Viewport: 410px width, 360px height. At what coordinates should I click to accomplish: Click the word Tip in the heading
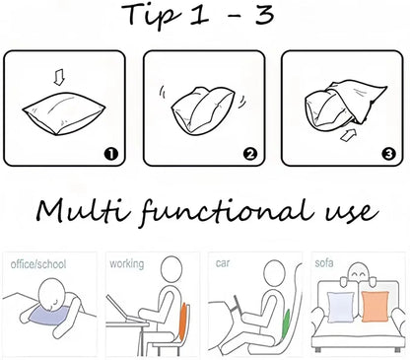pos(152,17)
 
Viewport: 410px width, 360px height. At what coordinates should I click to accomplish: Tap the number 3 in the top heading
pos(265,15)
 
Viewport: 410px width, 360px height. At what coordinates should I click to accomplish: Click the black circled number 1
pos(111,154)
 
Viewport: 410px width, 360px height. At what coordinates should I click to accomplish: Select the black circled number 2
pos(250,154)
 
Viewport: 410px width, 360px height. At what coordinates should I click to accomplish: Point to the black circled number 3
pos(388,154)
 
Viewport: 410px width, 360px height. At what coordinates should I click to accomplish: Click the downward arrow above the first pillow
pos(59,79)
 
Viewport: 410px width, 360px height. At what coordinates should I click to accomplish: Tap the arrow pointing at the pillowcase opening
pos(348,135)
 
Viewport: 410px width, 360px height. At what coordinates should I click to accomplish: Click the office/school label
pos(38,264)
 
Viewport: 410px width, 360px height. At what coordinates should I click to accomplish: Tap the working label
pos(127,264)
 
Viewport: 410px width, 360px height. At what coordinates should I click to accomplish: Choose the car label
pos(223,263)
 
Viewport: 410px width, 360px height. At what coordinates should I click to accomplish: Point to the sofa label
pos(324,262)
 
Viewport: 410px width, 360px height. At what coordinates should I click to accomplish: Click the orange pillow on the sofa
pos(375,307)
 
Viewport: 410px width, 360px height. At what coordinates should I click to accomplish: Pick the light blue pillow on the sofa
pos(341,307)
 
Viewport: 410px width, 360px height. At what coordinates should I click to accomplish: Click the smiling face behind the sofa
pos(358,272)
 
